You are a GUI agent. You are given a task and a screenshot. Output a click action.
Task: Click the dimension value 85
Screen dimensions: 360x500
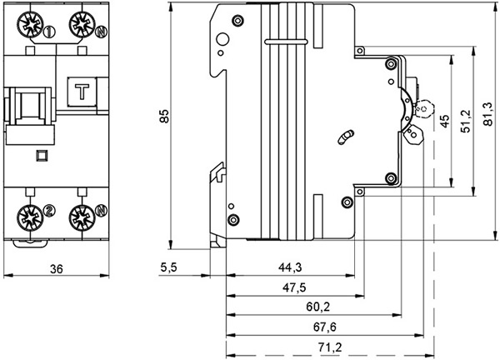[165, 119]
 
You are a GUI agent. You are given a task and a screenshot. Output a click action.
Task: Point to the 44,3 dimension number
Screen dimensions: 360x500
[290, 267]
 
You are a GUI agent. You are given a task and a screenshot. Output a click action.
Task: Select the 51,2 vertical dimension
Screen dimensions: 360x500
[465, 117]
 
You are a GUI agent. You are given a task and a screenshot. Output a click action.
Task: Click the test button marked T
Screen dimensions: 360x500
[82, 93]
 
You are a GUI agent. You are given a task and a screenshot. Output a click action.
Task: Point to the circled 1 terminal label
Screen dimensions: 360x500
[50, 33]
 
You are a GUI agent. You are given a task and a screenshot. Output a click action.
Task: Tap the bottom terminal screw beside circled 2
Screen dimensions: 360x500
[27, 217]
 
